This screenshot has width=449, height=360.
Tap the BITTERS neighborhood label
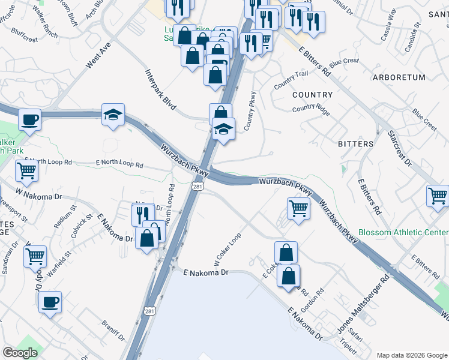(x=355, y=144)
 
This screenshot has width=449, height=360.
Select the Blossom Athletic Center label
(x=403, y=232)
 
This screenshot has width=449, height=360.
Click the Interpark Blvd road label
(x=161, y=89)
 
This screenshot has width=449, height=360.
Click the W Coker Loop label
(x=228, y=250)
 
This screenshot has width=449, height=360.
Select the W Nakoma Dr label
(x=39, y=196)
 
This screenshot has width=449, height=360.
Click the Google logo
(x=20, y=353)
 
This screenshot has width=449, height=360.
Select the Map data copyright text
(x=411, y=355)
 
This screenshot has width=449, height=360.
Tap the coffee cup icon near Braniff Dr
(x=50, y=301)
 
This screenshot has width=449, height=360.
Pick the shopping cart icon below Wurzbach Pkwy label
(x=298, y=208)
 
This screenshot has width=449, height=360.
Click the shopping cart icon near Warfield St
(x=35, y=256)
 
